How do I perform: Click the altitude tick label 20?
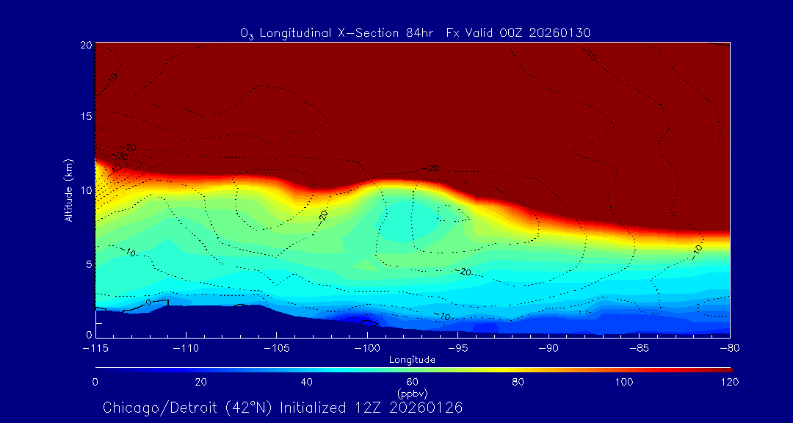click(x=85, y=45)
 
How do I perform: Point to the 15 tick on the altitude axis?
click(x=85, y=117)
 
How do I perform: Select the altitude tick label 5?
click(x=87, y=263)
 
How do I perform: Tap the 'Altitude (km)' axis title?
click(x=68, y=189)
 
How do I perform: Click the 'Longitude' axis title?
click(x=413, y=360)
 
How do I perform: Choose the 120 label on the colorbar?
click(x=729, y=382)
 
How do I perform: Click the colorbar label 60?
click(x=413, y=382)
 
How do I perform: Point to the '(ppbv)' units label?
click(x=413, y=394)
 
